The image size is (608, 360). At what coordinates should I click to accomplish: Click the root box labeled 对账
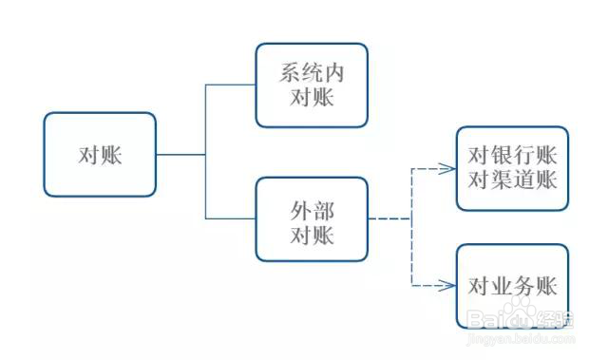click(x=100, y=155)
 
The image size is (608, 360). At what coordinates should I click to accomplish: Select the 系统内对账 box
click(x=312, y=85)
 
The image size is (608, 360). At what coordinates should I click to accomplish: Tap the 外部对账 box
click(x=312, y=219)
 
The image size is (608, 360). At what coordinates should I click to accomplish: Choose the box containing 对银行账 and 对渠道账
click(x=512, y=168)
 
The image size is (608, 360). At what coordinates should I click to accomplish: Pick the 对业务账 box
click(x=512, y=286)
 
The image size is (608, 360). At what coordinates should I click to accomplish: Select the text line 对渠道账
click(x=512, y=180)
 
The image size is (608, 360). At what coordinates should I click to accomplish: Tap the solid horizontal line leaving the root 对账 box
click(x=180, y=155)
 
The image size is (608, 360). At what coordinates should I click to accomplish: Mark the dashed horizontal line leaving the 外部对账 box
click(x=389, y=219)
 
